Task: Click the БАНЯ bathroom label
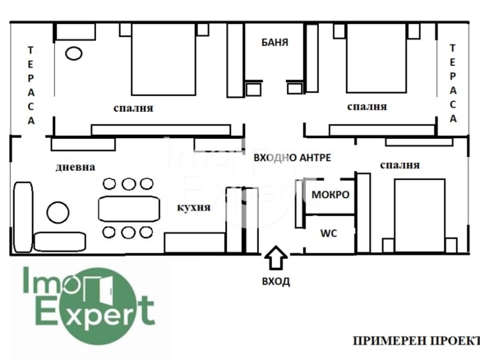275,42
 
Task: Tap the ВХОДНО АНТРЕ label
293,157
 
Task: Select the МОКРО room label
330,195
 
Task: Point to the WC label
329,233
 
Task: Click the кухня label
194,207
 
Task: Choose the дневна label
76,167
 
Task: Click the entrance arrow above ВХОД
276,257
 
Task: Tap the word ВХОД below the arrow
276,281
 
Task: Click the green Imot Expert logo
90,305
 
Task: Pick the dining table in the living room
129,209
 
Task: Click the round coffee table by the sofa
58,212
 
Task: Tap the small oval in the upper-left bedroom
73,53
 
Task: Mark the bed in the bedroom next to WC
420,216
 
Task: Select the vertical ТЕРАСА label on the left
30,85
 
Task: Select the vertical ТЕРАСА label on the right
453,84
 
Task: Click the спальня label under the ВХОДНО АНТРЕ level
399,165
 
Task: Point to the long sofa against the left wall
23,217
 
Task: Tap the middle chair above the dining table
128,184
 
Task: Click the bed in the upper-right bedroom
376,58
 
